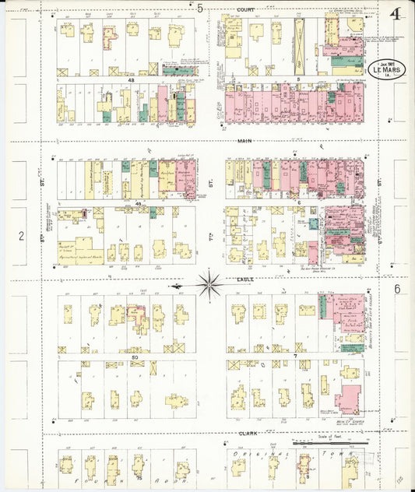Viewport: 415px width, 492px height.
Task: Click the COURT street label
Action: tap(245, 11)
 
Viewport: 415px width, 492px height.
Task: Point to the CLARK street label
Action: tap(247, 433)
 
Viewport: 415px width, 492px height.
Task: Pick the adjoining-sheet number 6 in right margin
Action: tap(396, 289)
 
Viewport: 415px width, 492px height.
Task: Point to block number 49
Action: tap(138, 204)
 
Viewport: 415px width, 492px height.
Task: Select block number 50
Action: tap(135, 356)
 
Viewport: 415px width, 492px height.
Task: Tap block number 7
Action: tap(295, 356)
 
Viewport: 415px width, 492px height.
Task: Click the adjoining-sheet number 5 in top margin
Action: tap(199, 9)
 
